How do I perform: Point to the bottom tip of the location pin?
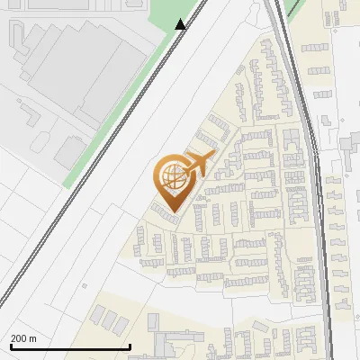pos(171,211)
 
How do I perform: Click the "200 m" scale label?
pos(23,338)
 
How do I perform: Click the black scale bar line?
pos(70,346)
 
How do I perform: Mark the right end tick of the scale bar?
pos(130,346)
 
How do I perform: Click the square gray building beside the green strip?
pos(69,149)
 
